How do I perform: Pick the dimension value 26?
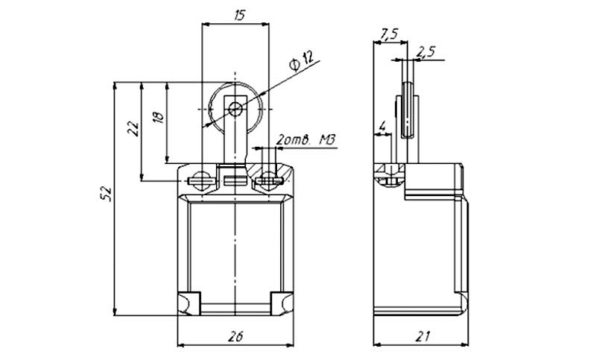click(235, 336)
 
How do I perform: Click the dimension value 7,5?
click(388, 34)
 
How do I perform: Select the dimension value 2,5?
click(425, 52)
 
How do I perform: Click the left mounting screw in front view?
click(200, 179)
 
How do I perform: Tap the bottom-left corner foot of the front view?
click(188, 302)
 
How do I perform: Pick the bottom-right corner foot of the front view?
click(282, 302)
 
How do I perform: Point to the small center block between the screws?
click(235, 180)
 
